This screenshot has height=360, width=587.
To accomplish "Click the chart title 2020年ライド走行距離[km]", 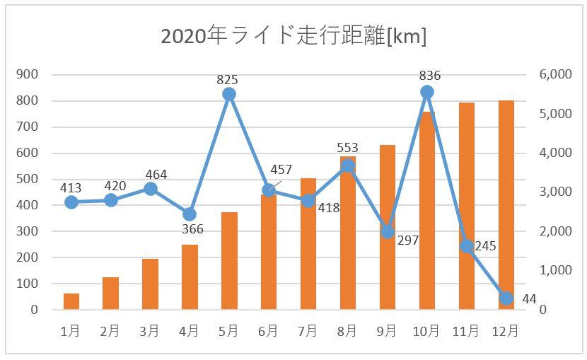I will tap(293, 36).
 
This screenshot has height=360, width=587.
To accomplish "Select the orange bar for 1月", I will tap(71, 301).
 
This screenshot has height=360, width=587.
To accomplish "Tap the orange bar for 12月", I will tap(506, 205).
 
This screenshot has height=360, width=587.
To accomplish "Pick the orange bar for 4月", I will tap(190, 277).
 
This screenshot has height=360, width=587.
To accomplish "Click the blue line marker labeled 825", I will tap(228, 94).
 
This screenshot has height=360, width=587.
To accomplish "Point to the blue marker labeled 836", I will tap(426, 92).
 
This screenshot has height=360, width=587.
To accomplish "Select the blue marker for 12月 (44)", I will tap(506, 298).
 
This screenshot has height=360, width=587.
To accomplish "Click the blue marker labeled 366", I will tap(190, 214).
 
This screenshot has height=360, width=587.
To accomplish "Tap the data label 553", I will tap(347, 148).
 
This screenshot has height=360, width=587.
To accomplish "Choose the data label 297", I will tap(408, 240).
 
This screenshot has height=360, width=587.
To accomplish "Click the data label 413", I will tap(71, 188).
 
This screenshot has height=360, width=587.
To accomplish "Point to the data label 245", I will tap(485, 246).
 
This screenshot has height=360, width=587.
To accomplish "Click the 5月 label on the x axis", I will tap(228, 330).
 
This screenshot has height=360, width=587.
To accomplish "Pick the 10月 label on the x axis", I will tap(426, 330).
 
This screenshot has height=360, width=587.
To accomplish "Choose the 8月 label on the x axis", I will tap(347, 330).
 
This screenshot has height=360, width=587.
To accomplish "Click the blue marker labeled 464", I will tap(150, 189).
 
